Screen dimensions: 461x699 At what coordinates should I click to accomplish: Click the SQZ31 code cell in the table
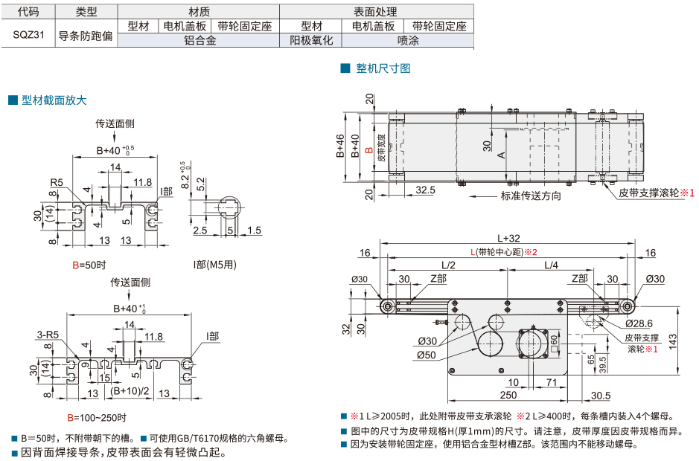29,34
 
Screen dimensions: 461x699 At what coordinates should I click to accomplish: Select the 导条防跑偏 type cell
86,34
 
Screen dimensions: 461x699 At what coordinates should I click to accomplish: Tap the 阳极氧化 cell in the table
310,41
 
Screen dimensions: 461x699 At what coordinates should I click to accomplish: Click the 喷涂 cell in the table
408,41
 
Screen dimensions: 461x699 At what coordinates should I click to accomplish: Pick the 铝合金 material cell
200,41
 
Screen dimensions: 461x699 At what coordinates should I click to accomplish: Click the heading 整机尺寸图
383,68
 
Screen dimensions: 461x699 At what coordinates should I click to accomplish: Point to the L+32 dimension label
508,238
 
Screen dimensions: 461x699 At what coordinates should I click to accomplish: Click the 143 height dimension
672,338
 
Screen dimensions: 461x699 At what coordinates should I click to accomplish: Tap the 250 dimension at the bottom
508,395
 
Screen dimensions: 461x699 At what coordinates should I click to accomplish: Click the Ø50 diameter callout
426,355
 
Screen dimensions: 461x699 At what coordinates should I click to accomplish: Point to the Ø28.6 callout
639,323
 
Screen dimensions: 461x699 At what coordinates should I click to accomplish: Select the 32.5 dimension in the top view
426,190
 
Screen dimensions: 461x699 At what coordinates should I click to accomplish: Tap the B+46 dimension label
340,146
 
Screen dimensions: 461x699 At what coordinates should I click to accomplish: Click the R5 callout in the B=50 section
57,182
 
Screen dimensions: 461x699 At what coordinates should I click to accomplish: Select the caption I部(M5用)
215,264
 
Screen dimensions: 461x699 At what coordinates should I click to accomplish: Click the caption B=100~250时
97,417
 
